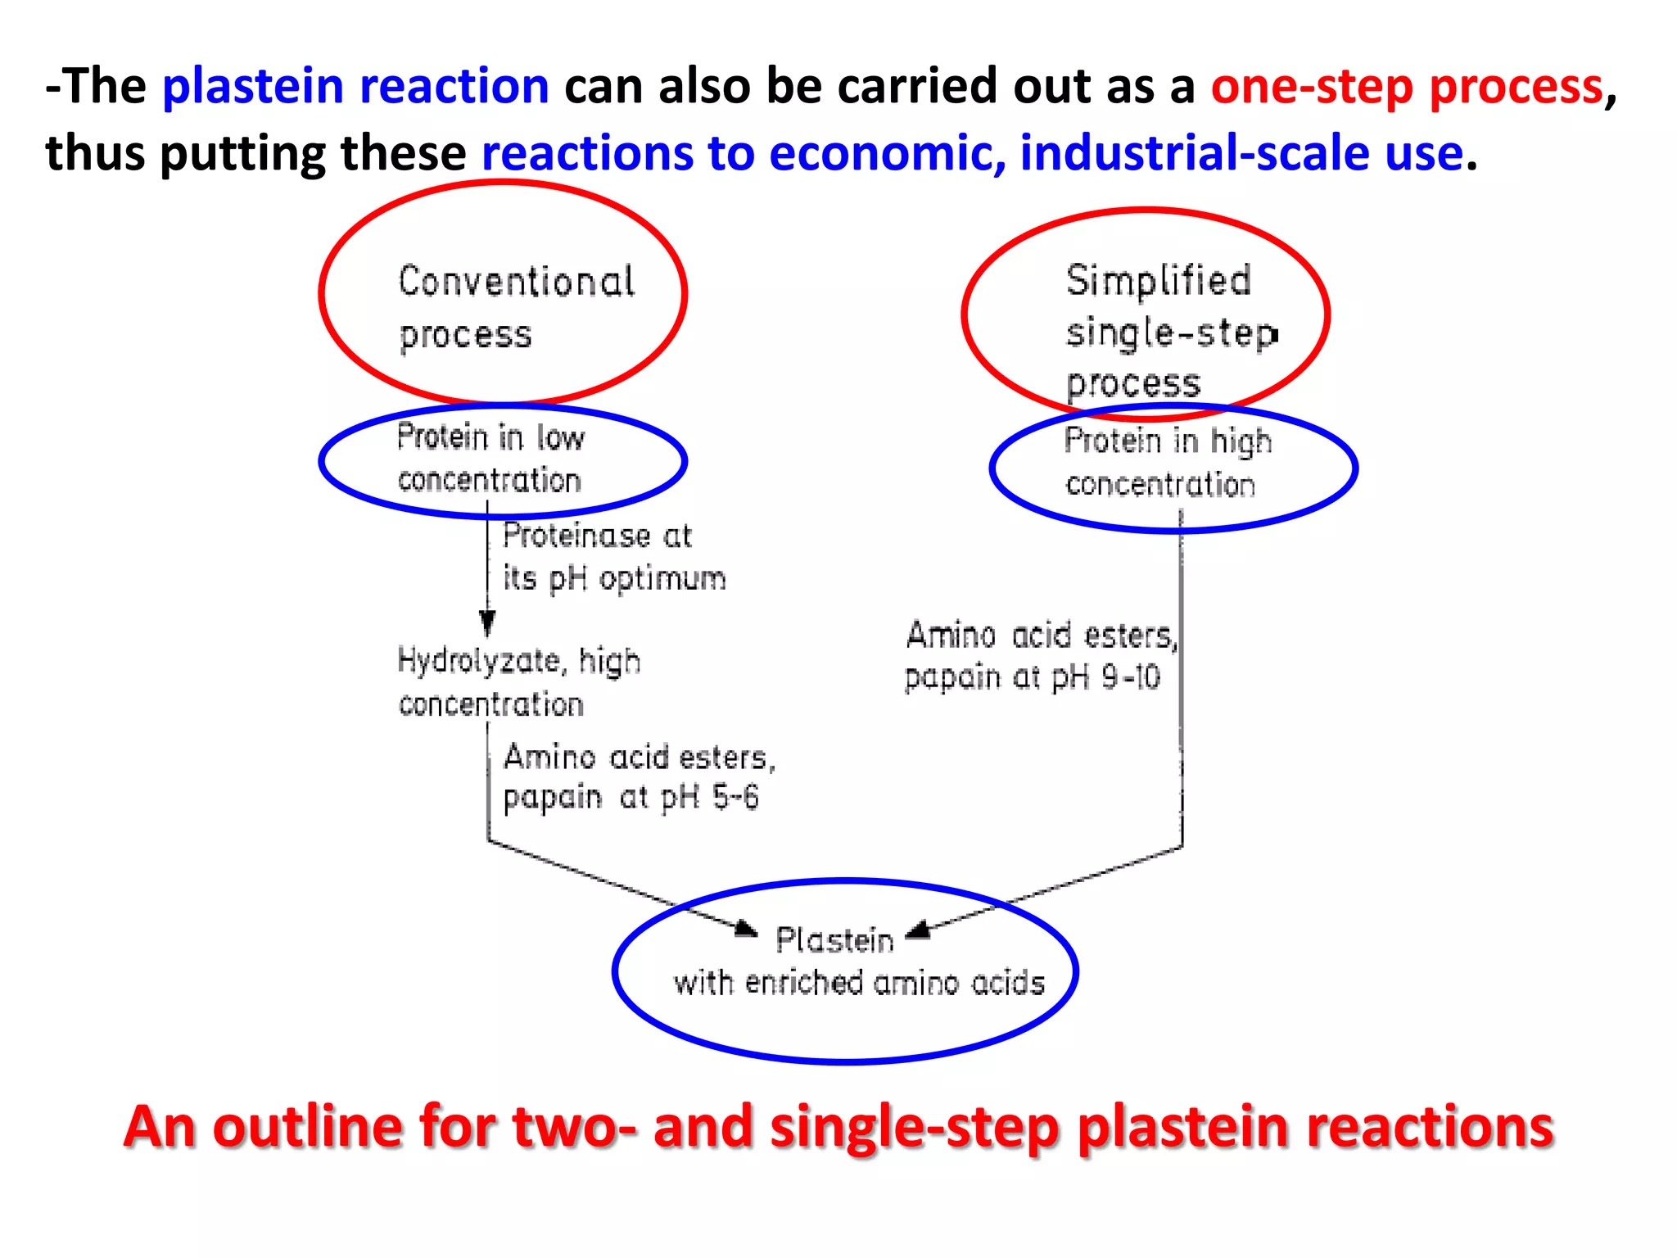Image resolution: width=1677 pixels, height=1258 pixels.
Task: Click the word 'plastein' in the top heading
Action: tap(252, 86)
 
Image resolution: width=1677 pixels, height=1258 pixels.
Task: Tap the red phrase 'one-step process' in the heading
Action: tap(1406, 87)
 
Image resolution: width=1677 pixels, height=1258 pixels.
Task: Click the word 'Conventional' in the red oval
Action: tap(516, 282)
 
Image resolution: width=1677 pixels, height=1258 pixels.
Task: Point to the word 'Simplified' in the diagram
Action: tap(1158, 281)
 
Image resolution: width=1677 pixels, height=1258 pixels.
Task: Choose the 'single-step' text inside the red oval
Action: tap(1171, 333)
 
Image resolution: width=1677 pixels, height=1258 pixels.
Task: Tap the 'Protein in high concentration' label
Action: tap(1167, 463)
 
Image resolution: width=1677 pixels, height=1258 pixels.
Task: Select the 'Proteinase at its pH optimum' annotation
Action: tap(612, 557)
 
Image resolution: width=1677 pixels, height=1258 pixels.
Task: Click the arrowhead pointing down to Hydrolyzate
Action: tap(487, 624)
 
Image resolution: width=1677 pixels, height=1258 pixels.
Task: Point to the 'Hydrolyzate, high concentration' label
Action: tap(518, 681)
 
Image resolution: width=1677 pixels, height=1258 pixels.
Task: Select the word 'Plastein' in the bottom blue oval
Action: tap(834, 940)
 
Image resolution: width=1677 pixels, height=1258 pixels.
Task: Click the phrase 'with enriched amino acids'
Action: tap(858, 983)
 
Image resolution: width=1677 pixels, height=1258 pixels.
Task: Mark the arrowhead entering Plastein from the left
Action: tap(747, 929)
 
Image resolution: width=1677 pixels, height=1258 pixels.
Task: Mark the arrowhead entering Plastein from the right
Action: tap(919, 930)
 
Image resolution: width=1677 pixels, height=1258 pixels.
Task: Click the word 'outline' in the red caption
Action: tap(307, 1127)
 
